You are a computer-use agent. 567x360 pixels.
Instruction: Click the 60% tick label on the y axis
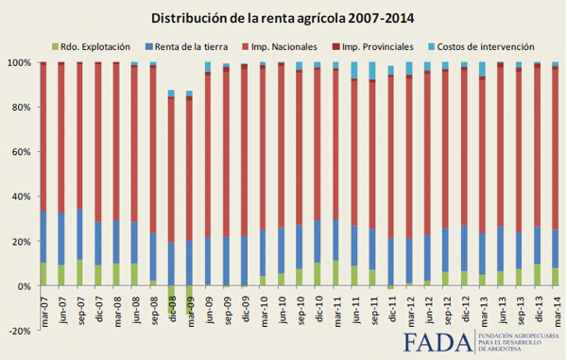pyautogui.click(x=21, y=152)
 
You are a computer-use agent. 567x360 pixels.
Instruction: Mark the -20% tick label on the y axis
pyautogui.click(x=19, y=331)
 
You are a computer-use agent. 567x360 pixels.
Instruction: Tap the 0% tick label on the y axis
pyautogui.click(x=24, y=286)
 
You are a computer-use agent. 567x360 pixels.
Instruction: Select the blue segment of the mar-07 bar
pyautogui.click(x=43, y=236)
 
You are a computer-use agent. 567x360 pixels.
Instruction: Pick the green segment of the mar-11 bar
pyautogui.click(x=335, y=273)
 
